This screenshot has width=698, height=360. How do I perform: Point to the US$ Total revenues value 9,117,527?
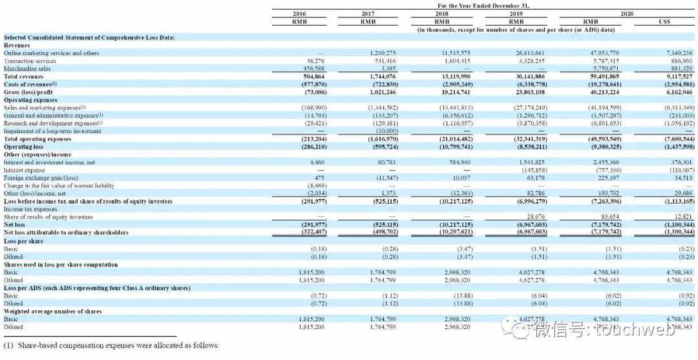(x=677, y=76)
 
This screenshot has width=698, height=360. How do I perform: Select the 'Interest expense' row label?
(x=24, y=170)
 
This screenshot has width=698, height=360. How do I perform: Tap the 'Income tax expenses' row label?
(x=30, y=209)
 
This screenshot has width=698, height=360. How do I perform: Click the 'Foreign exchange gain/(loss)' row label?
(x=40, y=178)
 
